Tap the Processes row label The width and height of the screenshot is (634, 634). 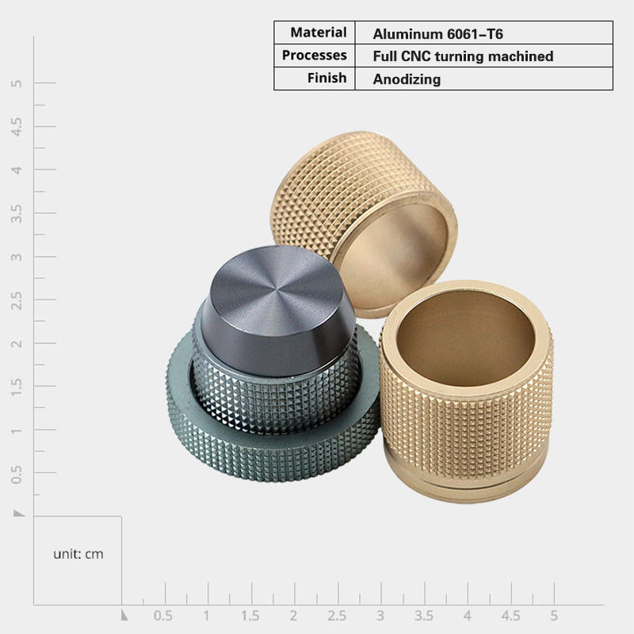314,55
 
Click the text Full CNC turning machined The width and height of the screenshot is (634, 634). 463,56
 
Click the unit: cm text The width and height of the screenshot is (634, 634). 78,554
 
